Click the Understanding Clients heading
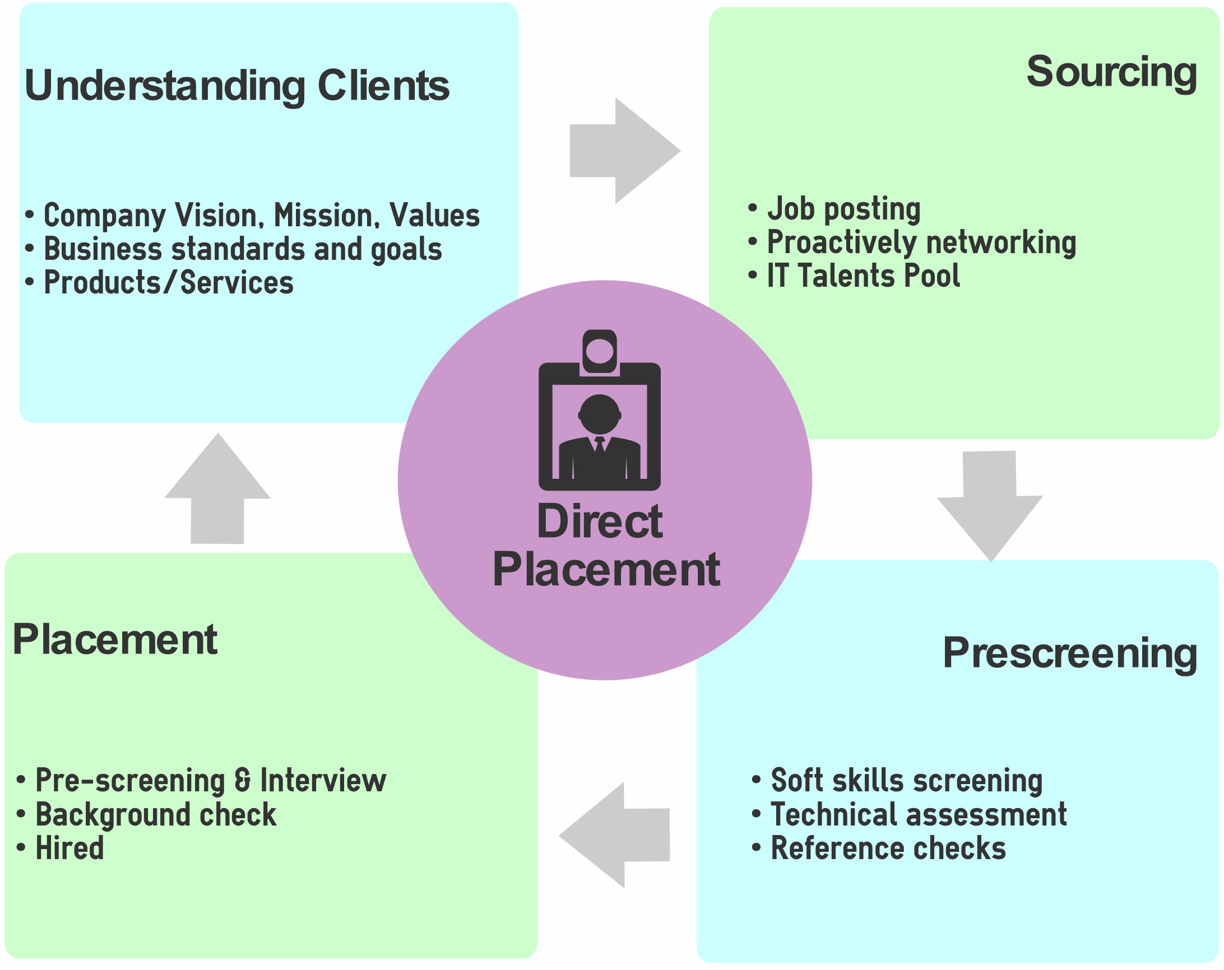(x=237, y=86)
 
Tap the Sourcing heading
(x=1111, y=72)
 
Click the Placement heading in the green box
(x=115, y=639)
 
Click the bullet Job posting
(x=843, y=209)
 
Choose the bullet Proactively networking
(x=921, y=243)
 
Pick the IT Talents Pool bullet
(x=863, y=276)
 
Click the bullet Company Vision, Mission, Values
(x=261, y=216)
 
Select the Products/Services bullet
(x=168, y=282)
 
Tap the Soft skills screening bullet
(x=906, y=781)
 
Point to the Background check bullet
(x=156, y=814)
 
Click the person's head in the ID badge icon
(x=600, y=414)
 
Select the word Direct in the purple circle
(x=600, y=522)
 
